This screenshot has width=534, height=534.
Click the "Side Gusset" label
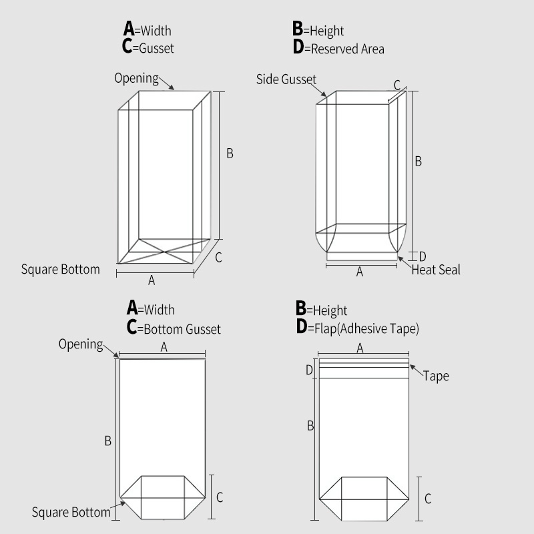click(x=286, y=79)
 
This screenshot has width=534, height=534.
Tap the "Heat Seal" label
click(x=435, y=270)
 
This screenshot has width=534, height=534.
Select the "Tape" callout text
click(x=436, y=376)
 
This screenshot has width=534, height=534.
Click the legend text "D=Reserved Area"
click(x=338, y=48)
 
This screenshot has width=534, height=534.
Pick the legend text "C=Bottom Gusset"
click(x=173, y=328)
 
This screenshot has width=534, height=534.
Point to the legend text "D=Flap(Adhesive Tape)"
click(x=357, y=328)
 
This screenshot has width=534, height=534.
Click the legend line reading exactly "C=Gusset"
click(x=148, y=47)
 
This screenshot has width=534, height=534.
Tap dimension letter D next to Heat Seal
click(x=422, y=256)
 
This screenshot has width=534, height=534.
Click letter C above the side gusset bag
click(x=396, y=85)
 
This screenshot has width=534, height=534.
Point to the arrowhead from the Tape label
click(x=411, y=366)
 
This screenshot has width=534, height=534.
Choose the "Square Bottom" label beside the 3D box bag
click(x=60, y=270)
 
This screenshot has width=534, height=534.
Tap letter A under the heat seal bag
click(x=360, y=272)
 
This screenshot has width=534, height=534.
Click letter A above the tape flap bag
click(x=360, y=348)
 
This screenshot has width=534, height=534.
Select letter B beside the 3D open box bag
click(x=230, y=154)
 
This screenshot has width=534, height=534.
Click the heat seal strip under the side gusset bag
click(x=361, y=256)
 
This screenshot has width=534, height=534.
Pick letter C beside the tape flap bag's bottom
click(x=428, y=498)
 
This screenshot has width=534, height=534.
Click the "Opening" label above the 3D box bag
click(x=136, y=78)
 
